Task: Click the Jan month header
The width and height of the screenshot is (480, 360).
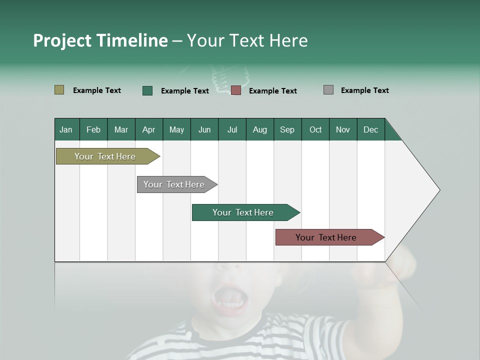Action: [x=66, y=129]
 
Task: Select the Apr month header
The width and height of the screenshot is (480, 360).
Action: [x=149, y=129]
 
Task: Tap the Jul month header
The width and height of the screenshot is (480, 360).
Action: [x=232, y=129]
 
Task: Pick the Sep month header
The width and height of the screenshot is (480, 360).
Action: [x=287, y=129]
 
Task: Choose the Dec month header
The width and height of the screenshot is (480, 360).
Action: [x=370, y=129]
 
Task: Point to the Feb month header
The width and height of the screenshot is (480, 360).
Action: [x=93, y=129]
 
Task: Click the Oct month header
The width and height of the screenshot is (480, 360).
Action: [x=315, y=129]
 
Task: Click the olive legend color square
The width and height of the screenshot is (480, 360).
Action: [x=59, y=90]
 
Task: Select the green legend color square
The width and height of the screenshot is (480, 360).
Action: [x=147, y=90]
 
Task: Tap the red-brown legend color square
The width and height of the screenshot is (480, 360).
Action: [x=236, y=90]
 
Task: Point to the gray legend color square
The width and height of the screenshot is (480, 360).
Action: [x=328, y=90]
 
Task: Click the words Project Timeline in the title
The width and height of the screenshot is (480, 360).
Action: [x=100, y=40]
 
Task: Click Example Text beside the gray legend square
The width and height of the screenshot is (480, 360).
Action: [x=364, y=90]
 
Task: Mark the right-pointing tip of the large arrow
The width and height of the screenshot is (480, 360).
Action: [x=439, y=190]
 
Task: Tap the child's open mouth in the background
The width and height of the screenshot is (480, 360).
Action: [x=230, y=298]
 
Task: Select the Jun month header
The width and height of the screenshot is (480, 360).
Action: [x=204, y=129]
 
